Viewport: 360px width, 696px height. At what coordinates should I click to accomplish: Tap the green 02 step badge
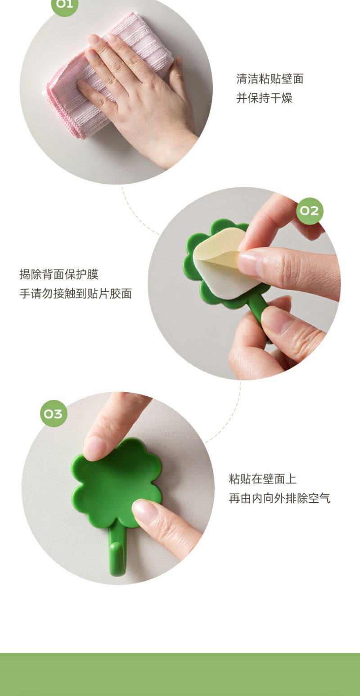coord(309,211)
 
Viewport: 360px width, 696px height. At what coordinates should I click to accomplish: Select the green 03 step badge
coord(54,414)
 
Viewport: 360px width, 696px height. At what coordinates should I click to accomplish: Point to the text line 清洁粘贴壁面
coord(270,79)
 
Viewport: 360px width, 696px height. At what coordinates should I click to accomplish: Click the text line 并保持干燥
coord(264,98)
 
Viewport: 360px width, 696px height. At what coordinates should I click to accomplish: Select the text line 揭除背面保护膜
coord(59,274)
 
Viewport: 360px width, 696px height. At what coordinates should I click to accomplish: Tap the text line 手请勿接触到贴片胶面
coord(76,294)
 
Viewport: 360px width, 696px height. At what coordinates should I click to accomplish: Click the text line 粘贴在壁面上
coord(262,479)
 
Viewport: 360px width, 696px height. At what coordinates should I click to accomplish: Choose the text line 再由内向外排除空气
coord(279,498)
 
